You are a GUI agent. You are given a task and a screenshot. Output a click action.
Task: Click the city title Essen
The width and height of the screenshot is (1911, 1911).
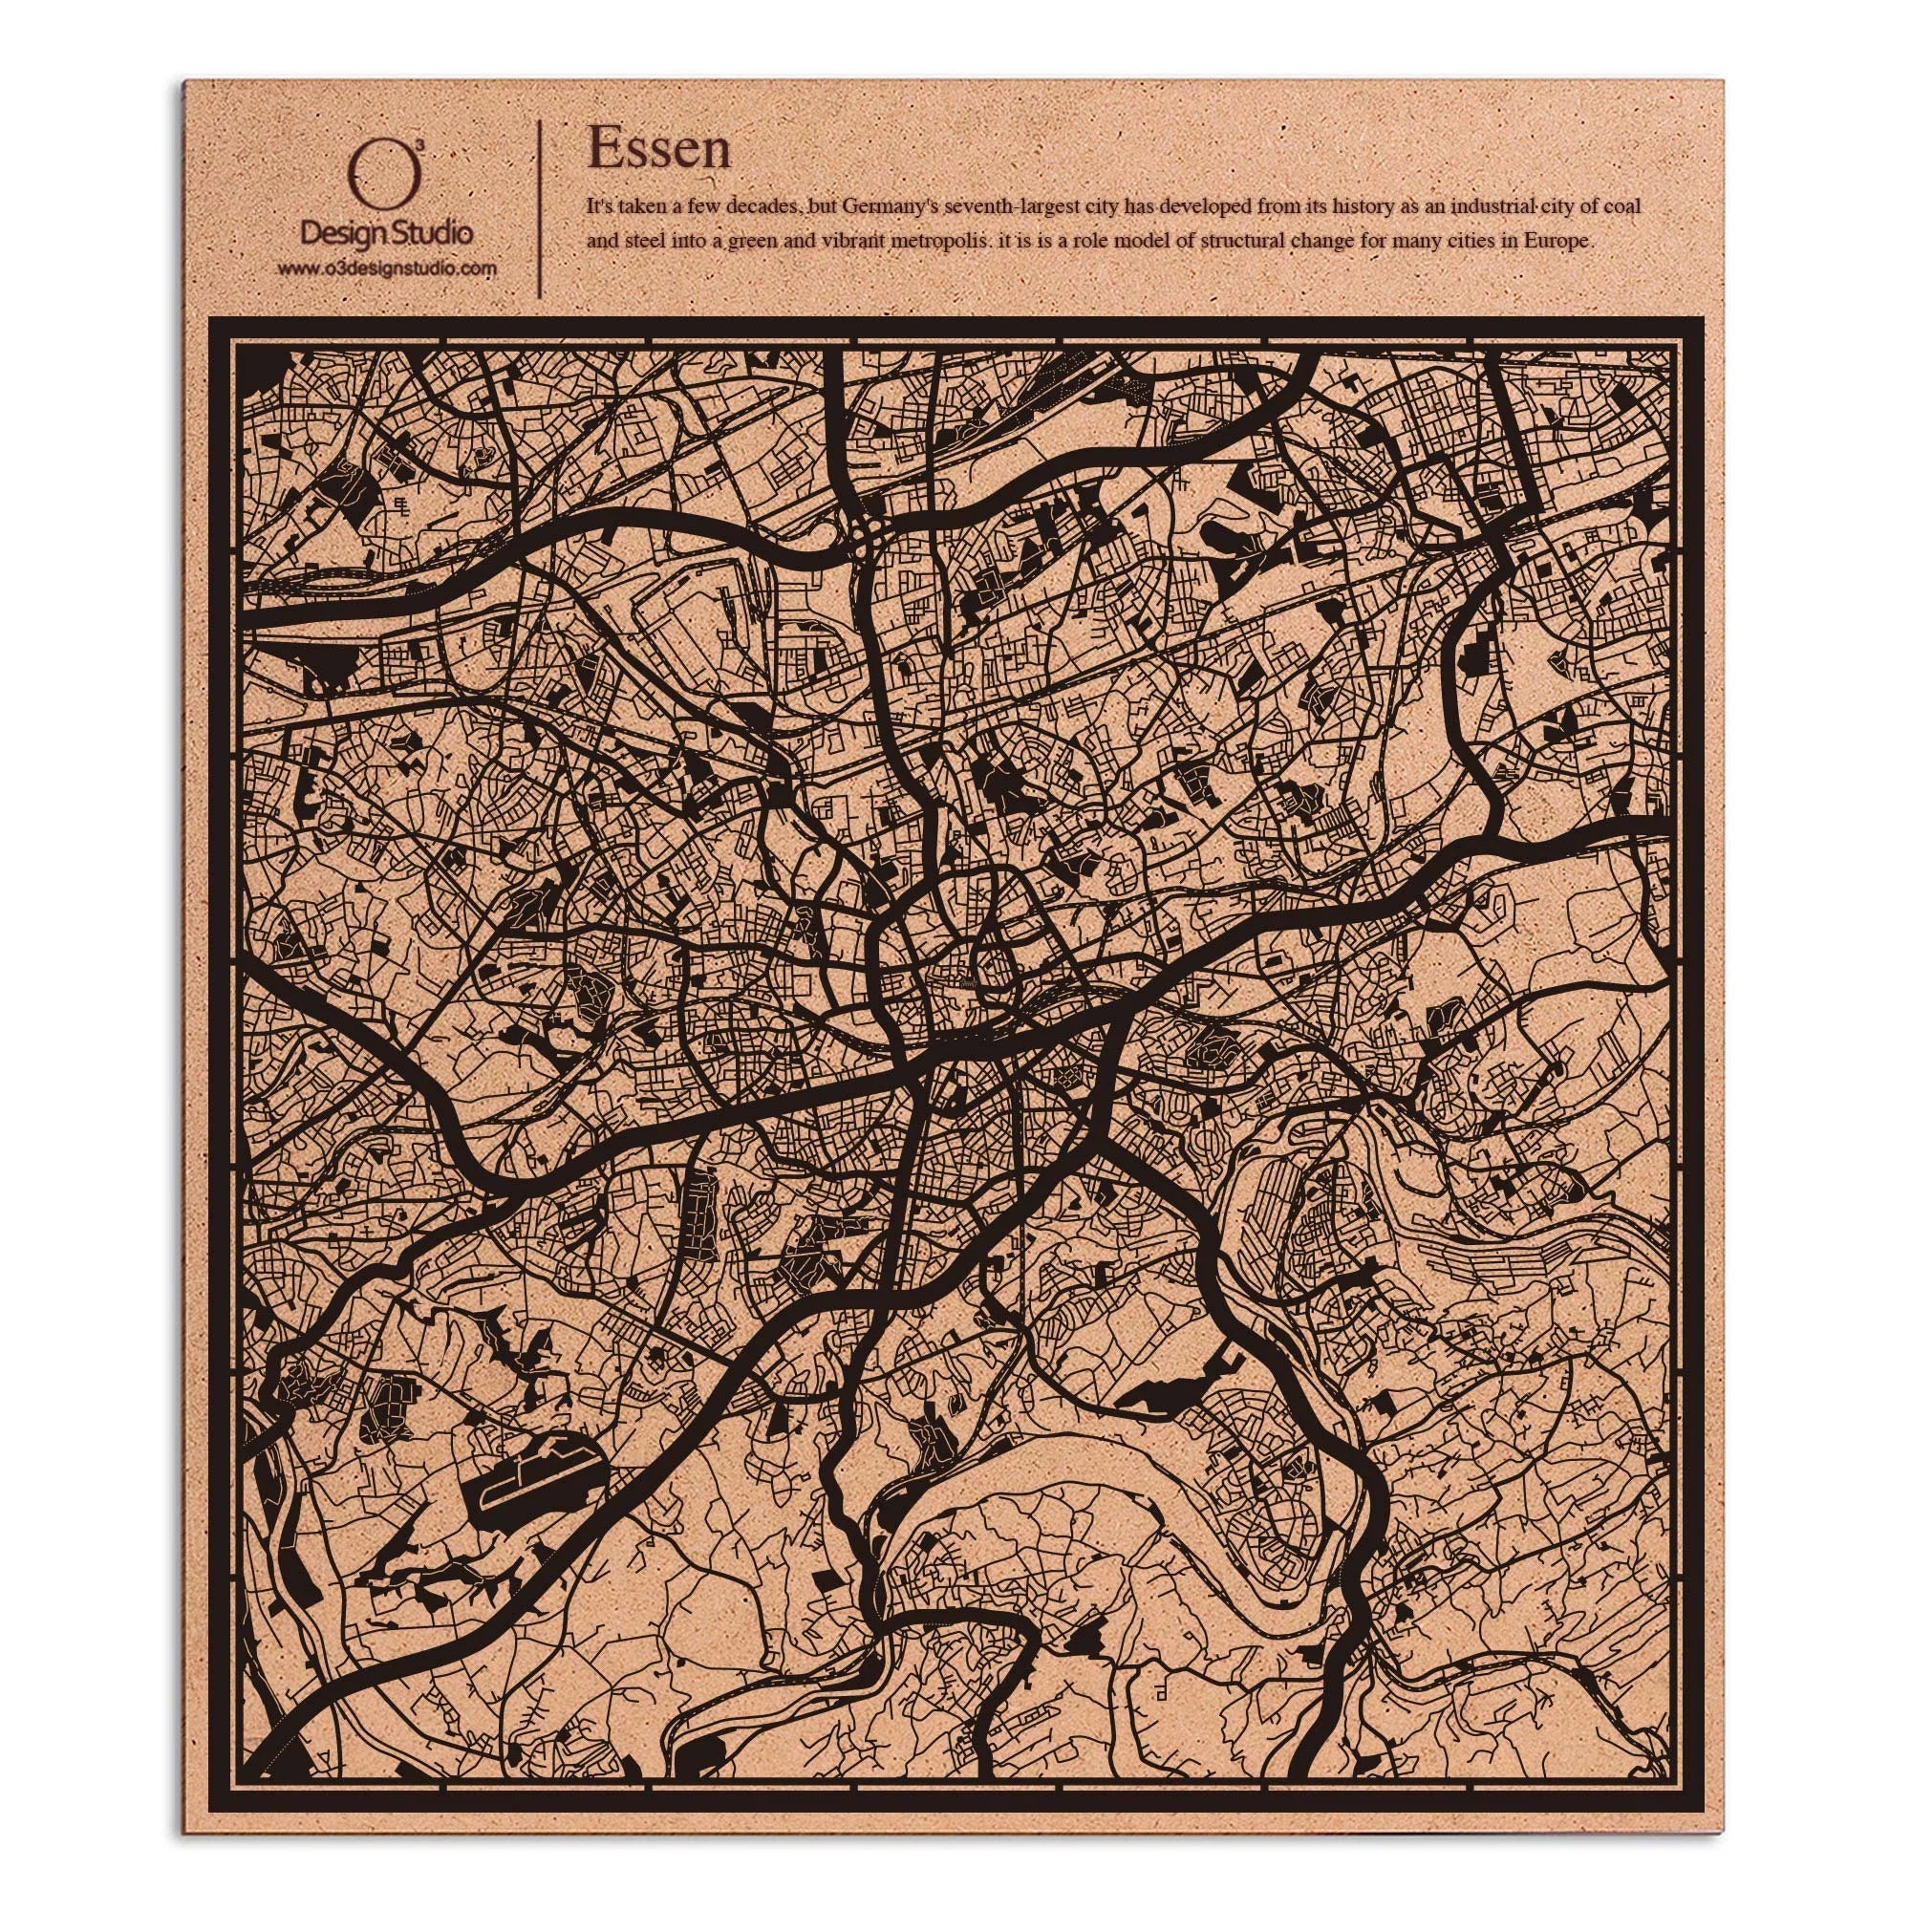pos(658,148)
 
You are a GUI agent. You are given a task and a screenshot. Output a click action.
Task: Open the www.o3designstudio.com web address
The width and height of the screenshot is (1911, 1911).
pos(387,268)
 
